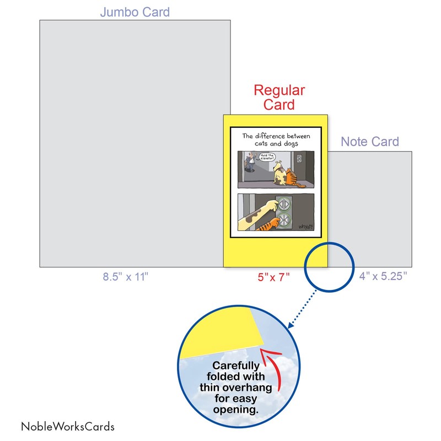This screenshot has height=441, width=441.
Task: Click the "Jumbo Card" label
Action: click(135, 12)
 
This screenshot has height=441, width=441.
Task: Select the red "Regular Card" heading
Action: click(278, 97)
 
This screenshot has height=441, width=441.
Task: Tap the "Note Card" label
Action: click(369, 142)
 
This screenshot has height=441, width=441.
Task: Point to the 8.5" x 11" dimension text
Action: click(126, 277)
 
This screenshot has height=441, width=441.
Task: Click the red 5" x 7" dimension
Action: click(273, 277)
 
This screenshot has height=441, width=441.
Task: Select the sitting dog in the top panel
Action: click(281, 171)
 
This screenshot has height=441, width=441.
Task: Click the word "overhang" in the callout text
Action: click(241, 387)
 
